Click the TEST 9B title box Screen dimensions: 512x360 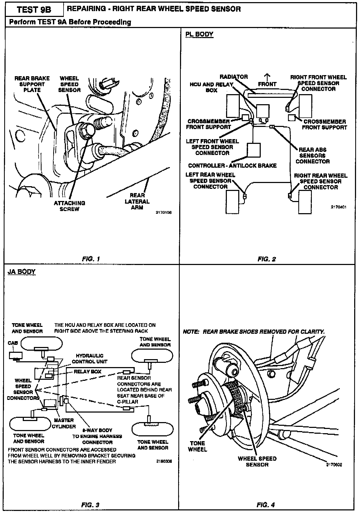click(34, 10)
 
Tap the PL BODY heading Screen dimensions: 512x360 click(199, 34)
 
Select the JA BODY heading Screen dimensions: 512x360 click(21, 272)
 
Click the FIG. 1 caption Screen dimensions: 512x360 click(91, 259)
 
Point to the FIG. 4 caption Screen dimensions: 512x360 click(265, 505)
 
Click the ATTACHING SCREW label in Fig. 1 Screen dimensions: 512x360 click(69, 206)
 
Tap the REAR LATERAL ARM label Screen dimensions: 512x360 click(137, 202)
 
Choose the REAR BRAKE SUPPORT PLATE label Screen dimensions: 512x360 click(32, 84)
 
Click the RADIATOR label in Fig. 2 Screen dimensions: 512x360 click(234, 77)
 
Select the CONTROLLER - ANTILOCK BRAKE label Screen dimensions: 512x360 click(232, 166)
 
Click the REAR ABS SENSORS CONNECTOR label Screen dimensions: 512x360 click(313, 156)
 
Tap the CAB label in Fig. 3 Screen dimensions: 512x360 click(13, 343)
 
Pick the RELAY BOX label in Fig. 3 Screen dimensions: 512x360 click(87, 372)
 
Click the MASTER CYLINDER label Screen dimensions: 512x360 click(64, 423)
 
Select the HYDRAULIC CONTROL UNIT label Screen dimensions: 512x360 click(89, 359)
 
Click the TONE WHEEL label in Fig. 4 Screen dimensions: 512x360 click(197, 446)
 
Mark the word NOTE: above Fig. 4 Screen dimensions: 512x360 click(191, 332)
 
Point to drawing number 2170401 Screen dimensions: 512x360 click(338, 207)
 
